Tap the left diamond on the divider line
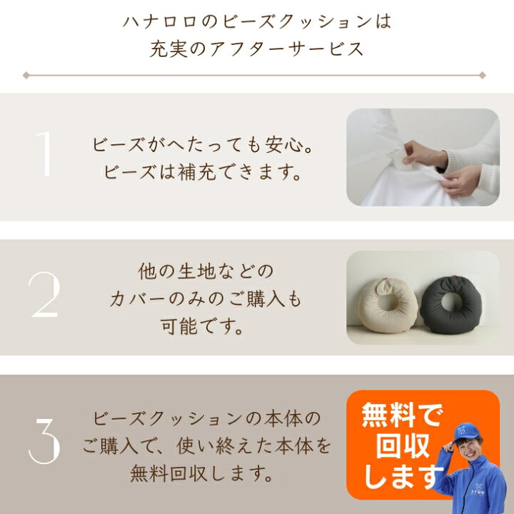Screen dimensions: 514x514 click(26, 74)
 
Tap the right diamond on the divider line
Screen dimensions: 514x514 click(483, 74)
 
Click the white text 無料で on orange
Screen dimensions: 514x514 click(400, 415)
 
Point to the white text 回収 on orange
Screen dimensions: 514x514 click(400, 445)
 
